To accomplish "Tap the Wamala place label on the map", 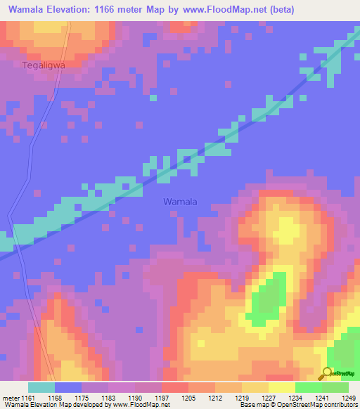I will point(180,202).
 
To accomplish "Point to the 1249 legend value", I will point(349,398).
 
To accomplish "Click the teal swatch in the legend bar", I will point(41,387).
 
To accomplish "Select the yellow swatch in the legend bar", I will point(281,387).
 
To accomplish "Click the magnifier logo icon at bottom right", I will point(327,373).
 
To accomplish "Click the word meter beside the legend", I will point(11,398).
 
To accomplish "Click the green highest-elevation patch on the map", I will point(265,299).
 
